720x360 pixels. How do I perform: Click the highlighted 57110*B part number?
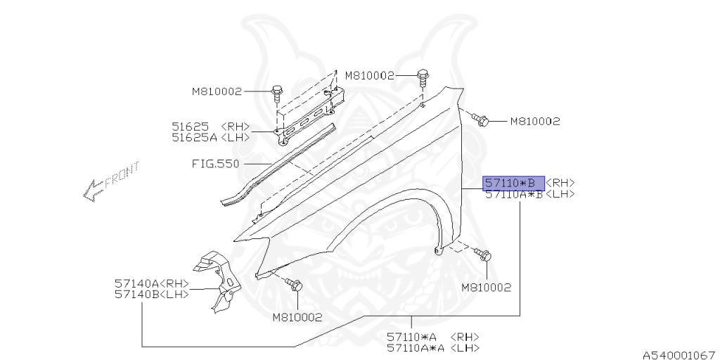[513, 184]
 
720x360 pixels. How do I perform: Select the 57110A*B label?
[514, 194]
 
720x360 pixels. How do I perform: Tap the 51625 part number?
[191, 127]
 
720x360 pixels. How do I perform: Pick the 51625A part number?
[195, 137]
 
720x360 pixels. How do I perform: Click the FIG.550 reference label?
[215, 163]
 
